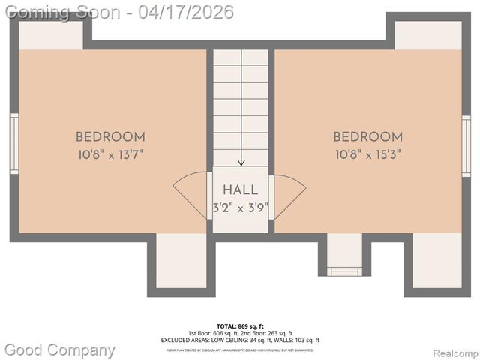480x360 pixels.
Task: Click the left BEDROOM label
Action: pos(110,137)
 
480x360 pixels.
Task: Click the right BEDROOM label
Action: pos(367,137)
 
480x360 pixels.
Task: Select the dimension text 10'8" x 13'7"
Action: pos(110,155)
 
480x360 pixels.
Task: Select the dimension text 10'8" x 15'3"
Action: pos(367,155)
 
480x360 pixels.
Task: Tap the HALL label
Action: pos(240,190)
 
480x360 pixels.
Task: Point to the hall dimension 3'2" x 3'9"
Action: pos(240,207)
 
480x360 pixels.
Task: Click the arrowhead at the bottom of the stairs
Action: pos(241,161)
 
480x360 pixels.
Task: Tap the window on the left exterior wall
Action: pos(14,144)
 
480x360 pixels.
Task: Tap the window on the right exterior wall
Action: pos(466,146)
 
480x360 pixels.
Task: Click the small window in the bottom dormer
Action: pos(345,271)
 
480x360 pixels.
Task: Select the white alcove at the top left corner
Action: pos(50,35)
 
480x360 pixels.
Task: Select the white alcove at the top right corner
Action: pos(427,35)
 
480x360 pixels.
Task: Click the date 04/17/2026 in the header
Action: pos(190,12)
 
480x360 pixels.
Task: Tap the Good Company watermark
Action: pos(60,349)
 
